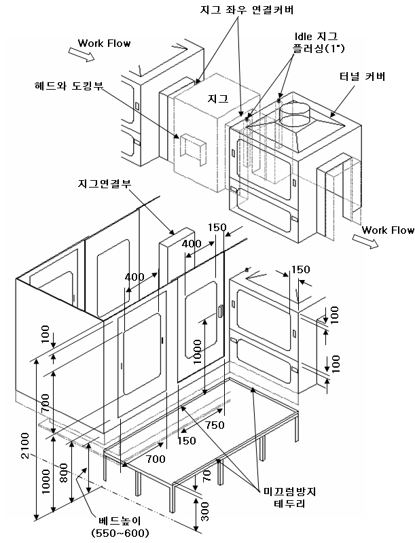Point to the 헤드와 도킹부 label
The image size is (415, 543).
73,86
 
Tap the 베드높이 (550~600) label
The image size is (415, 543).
111,527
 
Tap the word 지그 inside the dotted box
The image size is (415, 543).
217,99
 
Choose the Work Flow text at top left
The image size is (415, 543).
104,43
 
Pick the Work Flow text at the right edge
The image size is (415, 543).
388,230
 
